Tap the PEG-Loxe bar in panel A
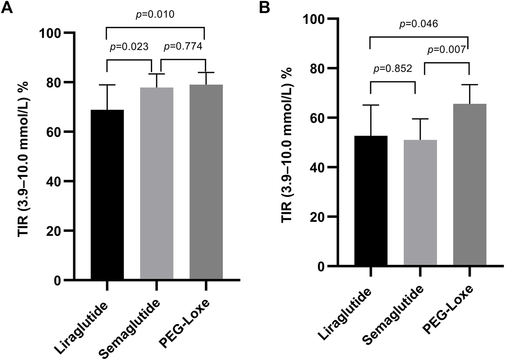[206, 182]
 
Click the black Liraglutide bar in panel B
[371, 201]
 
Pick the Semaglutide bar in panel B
[420, 203]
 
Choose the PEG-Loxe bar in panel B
[469, 185]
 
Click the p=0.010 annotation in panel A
[156, 15]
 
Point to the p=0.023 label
[130, 47]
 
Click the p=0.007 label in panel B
[447, 50]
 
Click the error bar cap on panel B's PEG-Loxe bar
[469, 85]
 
